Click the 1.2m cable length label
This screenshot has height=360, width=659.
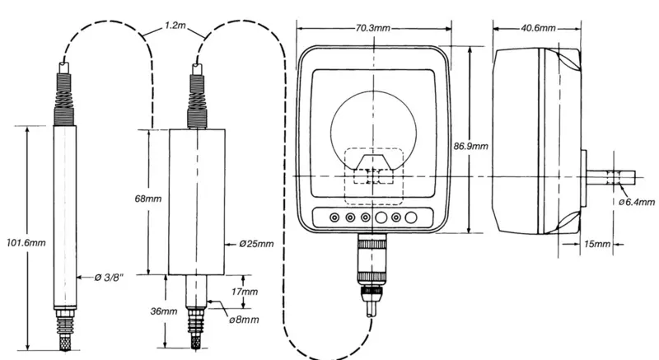tap(175, 26)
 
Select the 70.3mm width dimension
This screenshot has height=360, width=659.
tap(373, 29)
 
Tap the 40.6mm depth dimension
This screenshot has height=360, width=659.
tap(538, 29)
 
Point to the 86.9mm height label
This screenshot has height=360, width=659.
tap(470, 146)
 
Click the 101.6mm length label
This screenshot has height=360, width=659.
tap(26, 243)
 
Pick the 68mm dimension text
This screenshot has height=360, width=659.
tap(148, 199)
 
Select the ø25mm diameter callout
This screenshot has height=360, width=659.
tap(256, 244)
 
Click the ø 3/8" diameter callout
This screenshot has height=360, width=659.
tap(110, 278)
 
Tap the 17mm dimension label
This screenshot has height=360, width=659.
tap(245, 292)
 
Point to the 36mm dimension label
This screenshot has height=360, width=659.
tap(164, 311)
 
